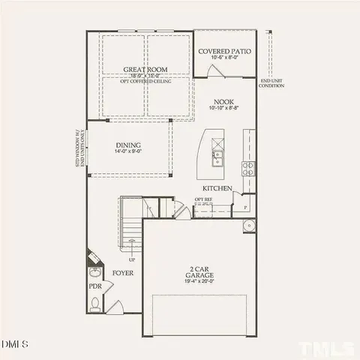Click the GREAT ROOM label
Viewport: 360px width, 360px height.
(145, 69)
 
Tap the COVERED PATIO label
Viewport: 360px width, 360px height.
(224, 52)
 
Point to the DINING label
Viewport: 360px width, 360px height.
(128, 145)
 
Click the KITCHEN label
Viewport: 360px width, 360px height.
(217, 188)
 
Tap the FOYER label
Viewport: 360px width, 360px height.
(123, 273)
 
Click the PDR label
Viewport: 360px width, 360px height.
(95, 286)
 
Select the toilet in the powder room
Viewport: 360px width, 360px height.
(95, 303)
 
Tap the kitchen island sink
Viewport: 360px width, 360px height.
(217, 157)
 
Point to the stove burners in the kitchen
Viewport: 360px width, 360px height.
(247, 166)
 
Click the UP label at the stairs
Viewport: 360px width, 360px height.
(132, 259)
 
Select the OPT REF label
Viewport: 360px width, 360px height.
(204, 199)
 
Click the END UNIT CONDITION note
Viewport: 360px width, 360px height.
(271, 83)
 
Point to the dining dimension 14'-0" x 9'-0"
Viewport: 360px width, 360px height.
(128, 153)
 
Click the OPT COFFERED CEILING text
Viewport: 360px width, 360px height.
(145, 81)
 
